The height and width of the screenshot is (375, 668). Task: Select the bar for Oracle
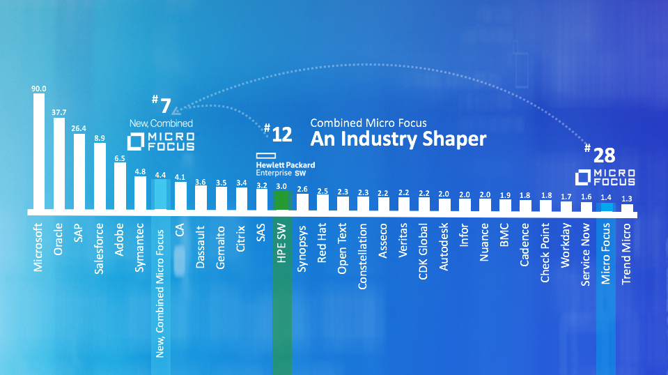[x=59, y=164]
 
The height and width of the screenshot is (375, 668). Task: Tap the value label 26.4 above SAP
[x=79, y=128]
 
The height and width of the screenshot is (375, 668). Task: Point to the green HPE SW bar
[x=281, y=201]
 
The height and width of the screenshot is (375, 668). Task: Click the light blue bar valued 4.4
[x=160, y=194]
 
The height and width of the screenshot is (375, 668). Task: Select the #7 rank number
[x=162, y=106]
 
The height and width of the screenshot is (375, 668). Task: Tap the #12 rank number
[x=278, y=134]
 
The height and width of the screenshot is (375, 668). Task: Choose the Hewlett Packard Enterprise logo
[x=285, y=162]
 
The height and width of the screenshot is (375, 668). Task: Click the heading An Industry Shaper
[x=398, y=139]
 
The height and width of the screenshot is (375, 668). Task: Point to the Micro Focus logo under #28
[x=605, y=177]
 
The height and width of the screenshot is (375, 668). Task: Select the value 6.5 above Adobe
[x=119, y=158]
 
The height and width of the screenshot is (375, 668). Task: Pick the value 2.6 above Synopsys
[x=302, y=189]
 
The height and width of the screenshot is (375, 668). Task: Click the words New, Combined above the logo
[x=161, y=123]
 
